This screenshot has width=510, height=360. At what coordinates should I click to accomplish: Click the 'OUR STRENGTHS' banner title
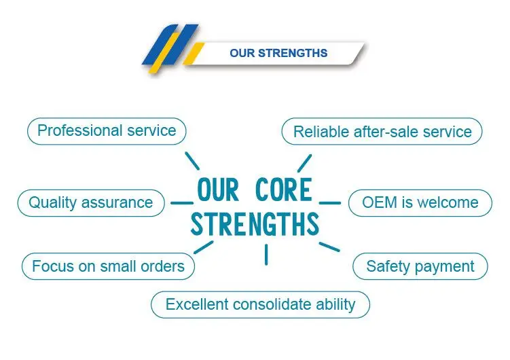pyautogui.click(x=278, y=53)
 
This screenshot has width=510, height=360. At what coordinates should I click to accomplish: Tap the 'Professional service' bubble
pyautogui.click(x=107, y=130)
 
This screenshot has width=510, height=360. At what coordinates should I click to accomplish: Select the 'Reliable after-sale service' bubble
pyautogui.click(x=382, y=132)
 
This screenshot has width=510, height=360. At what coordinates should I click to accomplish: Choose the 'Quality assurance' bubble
pyautogui.click(x=90, y=202)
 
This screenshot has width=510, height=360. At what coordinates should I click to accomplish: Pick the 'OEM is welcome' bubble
pyautogui.click(x=420, y=202)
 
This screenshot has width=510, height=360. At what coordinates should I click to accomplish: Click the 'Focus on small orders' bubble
pyautogui.click(x=108, y=266)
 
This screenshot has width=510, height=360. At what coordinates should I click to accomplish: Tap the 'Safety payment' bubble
pyautogui.click(x=420, y=266)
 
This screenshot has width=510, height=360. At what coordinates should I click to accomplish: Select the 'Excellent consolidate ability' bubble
pyautogui.click(x=260, y=304)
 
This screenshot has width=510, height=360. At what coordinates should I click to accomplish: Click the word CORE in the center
pyautogui.click(x=284, y=191)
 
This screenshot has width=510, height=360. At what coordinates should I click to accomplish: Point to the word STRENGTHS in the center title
pyautogui.click(x=255, y=225)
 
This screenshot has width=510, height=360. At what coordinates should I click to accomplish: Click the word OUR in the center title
pyautogui.click(x=217, y=191)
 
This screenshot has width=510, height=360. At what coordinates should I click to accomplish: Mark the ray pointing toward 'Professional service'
pyautogui.click(x=192, y=161)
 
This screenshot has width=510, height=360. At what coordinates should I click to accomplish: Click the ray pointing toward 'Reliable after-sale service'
pyautogui.click(x=304, y=163)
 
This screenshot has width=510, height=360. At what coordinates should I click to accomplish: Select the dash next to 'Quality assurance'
pyautogui.click(x=181, y=202)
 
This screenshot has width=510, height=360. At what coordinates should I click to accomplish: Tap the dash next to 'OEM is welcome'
pyautogui.click(x=329, y=202)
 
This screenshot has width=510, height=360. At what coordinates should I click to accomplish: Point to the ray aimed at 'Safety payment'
pyautogui.click(x=329, y=246)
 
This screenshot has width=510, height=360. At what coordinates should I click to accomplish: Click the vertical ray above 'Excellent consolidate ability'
pyautogui.click(x=266, y=254)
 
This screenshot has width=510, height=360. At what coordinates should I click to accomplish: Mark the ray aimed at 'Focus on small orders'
pyautogui.click(x=203, y=247)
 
